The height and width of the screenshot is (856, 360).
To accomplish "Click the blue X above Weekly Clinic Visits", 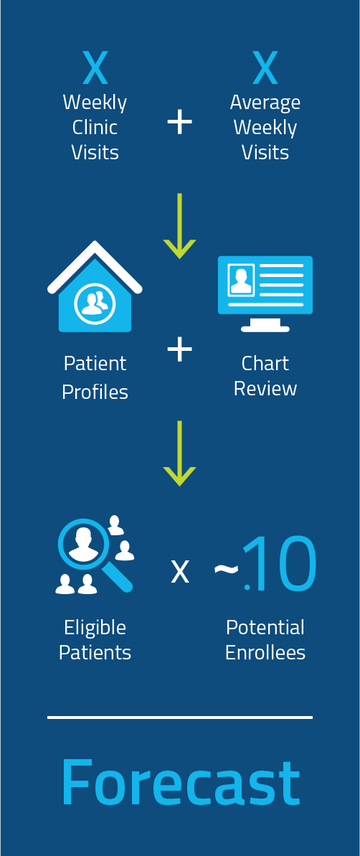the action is (x=95, y=67).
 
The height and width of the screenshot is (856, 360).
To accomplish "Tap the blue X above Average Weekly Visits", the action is (x=265, y=67).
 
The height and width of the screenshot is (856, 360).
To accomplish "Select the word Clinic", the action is (x=95, y=127).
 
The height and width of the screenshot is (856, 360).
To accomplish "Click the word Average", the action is (x=265, y=103).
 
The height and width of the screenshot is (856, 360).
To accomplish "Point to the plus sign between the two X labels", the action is (x=179, y=122).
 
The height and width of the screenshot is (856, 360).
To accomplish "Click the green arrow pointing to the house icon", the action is (x=179, y=225).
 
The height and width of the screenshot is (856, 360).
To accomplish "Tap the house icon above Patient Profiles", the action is (x=95, y=286).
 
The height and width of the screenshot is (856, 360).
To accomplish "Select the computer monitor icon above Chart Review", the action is (x=265, y=293).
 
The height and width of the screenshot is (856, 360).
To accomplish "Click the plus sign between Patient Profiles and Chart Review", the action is (x=179, y=349).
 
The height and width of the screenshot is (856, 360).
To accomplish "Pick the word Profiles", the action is (x=95, y=392).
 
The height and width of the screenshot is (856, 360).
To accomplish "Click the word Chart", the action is (x=265, y=363).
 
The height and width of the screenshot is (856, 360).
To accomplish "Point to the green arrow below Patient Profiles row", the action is (x=179, y=453).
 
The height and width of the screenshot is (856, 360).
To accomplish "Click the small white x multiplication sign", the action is (x=180, y=572).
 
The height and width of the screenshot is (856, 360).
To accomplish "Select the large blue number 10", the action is (x=281, y=563).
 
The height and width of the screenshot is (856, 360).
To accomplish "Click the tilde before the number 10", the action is (x=226, y=569).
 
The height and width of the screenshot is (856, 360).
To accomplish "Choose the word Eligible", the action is (x=95, y=628).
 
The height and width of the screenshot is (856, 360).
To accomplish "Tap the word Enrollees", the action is (x=265, y=653).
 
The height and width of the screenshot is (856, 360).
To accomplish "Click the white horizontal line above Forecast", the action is (x=180, y=718).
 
